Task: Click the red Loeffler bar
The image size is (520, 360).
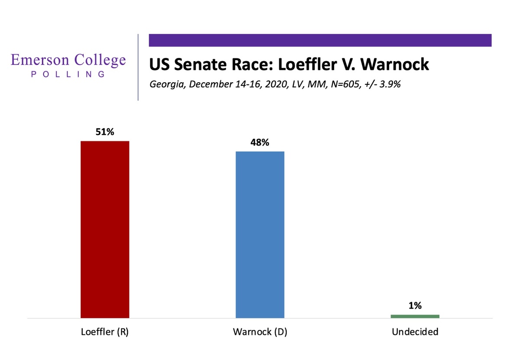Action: (x=105, y=230)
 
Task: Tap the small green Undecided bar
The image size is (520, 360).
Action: (x=415, y=316)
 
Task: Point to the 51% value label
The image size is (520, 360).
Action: (x=105, y=132)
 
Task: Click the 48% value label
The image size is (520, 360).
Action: (x=260, y=142)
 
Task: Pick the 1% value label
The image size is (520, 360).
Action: (x=415, y=305)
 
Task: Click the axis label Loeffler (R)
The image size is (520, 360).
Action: (x=105, y=332)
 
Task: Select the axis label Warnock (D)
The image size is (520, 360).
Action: (x=260, y=332)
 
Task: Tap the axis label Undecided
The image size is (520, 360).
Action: (x=415, y=332)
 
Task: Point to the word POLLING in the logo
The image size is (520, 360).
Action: (x=68, y=74)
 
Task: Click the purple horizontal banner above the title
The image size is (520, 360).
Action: (x=320, y=40)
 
